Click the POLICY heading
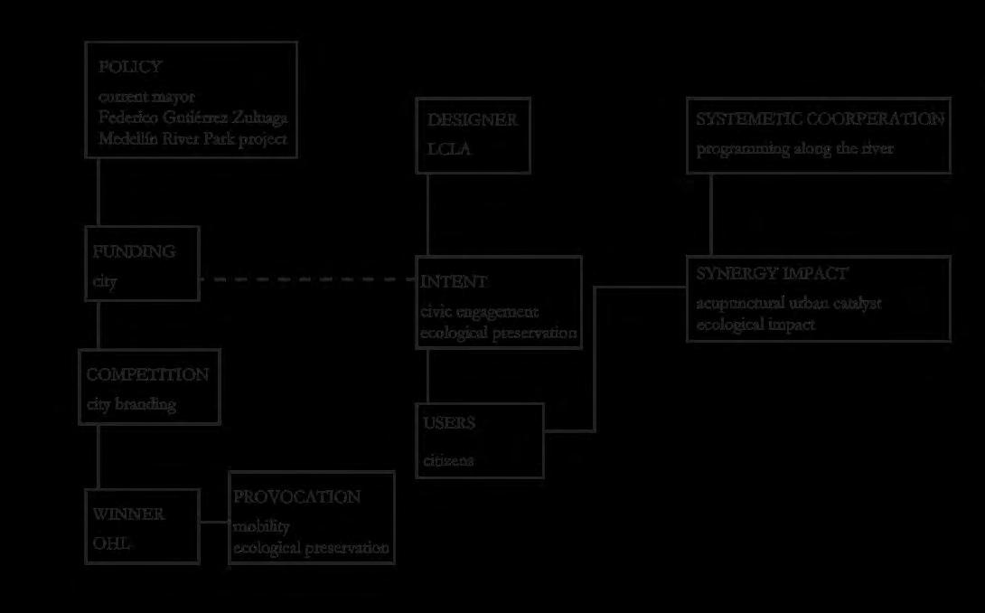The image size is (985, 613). (130, 67)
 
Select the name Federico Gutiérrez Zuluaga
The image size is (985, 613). (193, 118)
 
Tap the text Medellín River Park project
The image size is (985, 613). (192, 139)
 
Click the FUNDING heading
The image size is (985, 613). (134, 251)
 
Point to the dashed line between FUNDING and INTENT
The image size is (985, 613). (307, 279)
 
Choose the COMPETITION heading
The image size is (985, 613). (147, 374)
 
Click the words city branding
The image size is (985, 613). (131, 404)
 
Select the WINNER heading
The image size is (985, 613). (128, 514)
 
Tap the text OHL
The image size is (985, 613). (111, 543)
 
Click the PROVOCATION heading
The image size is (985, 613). (296, 497)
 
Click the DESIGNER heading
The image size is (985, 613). (473, 120)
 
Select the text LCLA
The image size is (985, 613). (449, 149)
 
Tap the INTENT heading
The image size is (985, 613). (455, 282)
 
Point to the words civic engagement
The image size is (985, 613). (480, 312)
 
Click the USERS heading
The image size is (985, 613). (449, 423)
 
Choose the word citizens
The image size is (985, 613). (448, 461)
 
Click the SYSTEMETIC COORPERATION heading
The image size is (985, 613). (820, 119)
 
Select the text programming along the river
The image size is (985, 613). (794, 149)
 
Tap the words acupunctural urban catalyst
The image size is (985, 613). (789, 303)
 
